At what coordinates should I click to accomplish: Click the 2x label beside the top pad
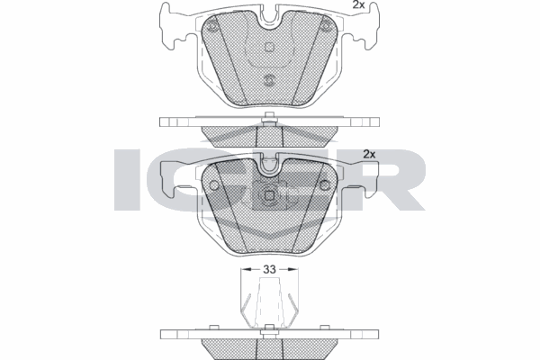358,4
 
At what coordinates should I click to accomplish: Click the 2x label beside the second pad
369,154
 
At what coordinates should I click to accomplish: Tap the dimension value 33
269,269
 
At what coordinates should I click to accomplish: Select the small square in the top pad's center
269,47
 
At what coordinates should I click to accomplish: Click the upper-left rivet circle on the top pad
212,26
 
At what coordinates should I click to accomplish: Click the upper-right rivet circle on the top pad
326,26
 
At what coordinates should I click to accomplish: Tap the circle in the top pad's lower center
269,80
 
